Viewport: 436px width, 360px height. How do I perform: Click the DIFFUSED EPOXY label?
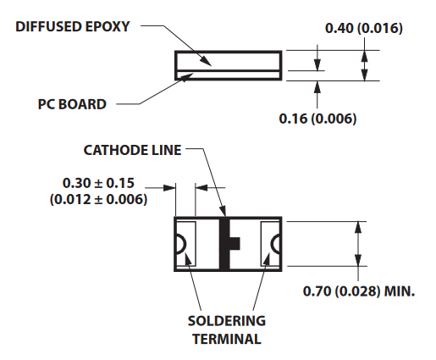coord(73,27)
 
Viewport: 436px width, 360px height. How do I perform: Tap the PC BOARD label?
coord(72,104)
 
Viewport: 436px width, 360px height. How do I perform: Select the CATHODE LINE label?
coord(132,150)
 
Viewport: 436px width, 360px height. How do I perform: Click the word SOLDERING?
coord(227,321)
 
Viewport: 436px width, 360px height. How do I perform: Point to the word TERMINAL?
coord(227,339)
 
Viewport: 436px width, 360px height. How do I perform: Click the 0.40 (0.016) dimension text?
coord(364,28)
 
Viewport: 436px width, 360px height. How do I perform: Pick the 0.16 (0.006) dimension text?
coord(317,119)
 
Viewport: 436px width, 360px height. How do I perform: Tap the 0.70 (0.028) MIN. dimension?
coord(359,291)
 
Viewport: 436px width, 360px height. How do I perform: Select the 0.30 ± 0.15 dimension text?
coord(98,183)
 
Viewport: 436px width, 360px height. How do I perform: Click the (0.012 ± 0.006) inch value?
coord(98,199)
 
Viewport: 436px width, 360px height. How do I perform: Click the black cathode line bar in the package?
coord(225,244)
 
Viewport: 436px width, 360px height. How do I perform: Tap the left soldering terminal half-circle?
coord(180,244)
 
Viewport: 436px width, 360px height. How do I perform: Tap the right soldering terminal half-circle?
coord(275,244)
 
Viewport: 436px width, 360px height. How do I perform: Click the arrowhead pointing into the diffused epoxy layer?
coord(206,61)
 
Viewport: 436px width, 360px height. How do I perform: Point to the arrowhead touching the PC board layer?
coord(186,77)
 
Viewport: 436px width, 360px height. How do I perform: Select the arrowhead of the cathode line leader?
coord(223,211)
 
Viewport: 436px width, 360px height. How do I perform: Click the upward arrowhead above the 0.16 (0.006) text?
coord(317,86)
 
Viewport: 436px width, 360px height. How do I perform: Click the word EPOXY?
coord(108,27)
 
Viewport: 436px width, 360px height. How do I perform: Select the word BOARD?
coord(83,104)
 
